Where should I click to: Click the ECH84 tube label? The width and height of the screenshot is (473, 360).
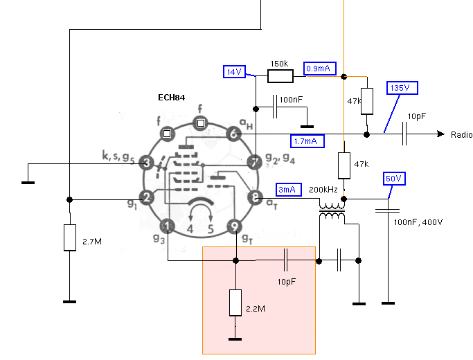(171, 98)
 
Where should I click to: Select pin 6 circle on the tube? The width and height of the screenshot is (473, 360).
(234, 135)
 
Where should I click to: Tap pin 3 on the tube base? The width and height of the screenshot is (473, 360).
(147, 163)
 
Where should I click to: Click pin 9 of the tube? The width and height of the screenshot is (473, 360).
(235, 226)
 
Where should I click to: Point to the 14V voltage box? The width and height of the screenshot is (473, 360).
(234, 72)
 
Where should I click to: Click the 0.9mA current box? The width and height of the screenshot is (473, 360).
(321, 68)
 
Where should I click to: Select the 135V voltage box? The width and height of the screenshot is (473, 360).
(401, 89)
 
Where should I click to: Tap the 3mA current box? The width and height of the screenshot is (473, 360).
(289, 190)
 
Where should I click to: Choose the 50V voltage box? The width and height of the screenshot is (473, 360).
(393, 179)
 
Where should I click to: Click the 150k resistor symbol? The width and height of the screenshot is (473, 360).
(280, 74)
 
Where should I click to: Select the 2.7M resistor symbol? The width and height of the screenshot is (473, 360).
(69, 237)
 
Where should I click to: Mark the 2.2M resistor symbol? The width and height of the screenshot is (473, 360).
(235, 303)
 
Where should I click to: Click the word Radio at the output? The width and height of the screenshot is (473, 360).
(461, 134)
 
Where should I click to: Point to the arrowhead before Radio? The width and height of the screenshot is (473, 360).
(440, 134)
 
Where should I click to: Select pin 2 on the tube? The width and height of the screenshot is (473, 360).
(147, 197)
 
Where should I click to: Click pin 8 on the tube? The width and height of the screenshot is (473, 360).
(255, 197)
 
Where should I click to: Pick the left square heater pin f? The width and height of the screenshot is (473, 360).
(167, 133)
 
